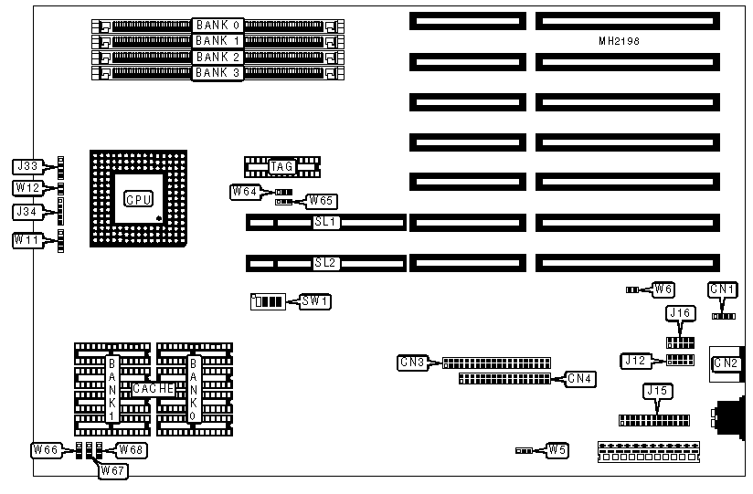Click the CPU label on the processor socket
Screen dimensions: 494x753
(x=138, y=199)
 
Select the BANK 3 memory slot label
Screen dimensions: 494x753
(x=217, y=72)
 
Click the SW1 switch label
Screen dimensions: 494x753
(x=315, y=300)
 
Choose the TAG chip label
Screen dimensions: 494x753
(x=281, y=166)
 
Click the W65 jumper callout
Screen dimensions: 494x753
(x=321, y=200)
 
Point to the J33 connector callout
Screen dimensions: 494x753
(x=27, y=166)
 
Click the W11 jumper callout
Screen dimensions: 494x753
(x=27, y=239)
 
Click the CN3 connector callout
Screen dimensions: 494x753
(x=412, y=362)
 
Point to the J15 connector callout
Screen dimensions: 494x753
(x=656, y=392)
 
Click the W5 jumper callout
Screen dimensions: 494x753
(x=557, y=449)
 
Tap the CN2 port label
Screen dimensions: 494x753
(x=726, y=363)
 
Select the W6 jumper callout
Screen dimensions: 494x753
(x=665, y=289)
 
